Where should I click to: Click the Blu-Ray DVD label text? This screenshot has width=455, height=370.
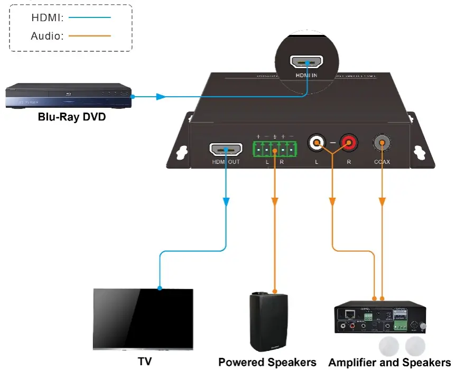pyautogui.click(x=72, y=117)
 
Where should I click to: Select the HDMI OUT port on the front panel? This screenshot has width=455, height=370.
pyautogui.click(x=226, y=150)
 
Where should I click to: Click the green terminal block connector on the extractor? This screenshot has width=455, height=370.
pyautogui.click(x=274, y=149)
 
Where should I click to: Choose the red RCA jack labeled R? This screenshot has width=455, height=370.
pyautogui.click(x=348, y=142)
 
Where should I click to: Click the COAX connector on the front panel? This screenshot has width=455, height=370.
pyautogui.click(x=382, y=142)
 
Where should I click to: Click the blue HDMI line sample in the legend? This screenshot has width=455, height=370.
pyautogui.click(x=90, y=17)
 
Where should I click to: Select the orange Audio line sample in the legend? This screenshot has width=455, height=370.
pyautogui.click(x=90, y=36)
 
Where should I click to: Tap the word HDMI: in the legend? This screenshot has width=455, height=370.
pyautogui.click(x=48, y=17)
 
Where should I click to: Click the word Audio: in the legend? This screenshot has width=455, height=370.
pyautogui.click(x=48, y=36)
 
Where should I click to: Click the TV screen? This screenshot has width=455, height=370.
pyautogui.click(x=143, y=317)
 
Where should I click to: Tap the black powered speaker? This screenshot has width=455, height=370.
pyautogui.click(x=268, y=321)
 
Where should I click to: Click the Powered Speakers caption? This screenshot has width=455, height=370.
pyautogui.click(x=267, y=362)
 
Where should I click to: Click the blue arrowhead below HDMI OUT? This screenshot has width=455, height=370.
pyautogui.click(x=226, y=202)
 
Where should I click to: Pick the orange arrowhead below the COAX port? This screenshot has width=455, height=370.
pyautogui.click(x=382, y=202)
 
